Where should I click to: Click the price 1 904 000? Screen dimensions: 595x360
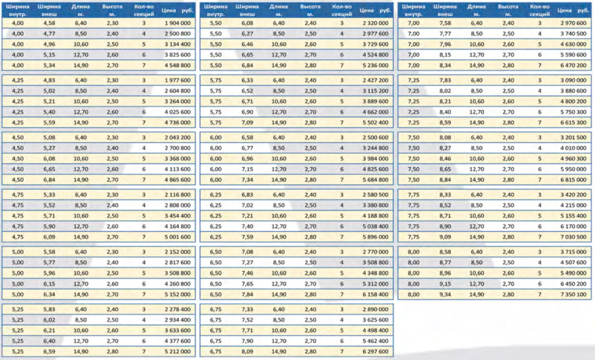tap(177, 23)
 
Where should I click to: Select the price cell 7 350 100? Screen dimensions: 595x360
tap(574, 294)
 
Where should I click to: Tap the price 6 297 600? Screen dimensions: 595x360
tap(375, 352)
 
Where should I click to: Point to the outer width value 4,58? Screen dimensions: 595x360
tap(49, 23)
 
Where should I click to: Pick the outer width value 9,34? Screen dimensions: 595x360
tap(445, 294)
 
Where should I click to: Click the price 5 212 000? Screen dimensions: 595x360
tap(177, 352)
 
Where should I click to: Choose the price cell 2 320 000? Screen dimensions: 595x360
tap(375, 23)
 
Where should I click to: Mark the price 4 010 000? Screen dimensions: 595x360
tap(574, 148)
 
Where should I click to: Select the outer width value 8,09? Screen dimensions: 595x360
tap(248, 352)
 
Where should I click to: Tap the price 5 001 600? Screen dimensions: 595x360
tap(177, 237)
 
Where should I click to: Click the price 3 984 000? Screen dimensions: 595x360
tap(375, 159)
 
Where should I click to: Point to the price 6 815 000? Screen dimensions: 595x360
tap(574, 180)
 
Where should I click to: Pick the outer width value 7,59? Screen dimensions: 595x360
tap(248, 237)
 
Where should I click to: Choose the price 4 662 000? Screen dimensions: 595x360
tap(375, 112)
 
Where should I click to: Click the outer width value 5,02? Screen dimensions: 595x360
tap(49, 91)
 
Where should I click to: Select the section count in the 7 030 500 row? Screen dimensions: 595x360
tap(540, 237)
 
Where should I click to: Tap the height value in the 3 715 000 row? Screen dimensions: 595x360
tap(508, 252)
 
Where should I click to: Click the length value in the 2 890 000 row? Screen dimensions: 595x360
tap(279, 309)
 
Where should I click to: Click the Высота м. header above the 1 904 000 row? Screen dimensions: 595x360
tap(112, 10)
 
